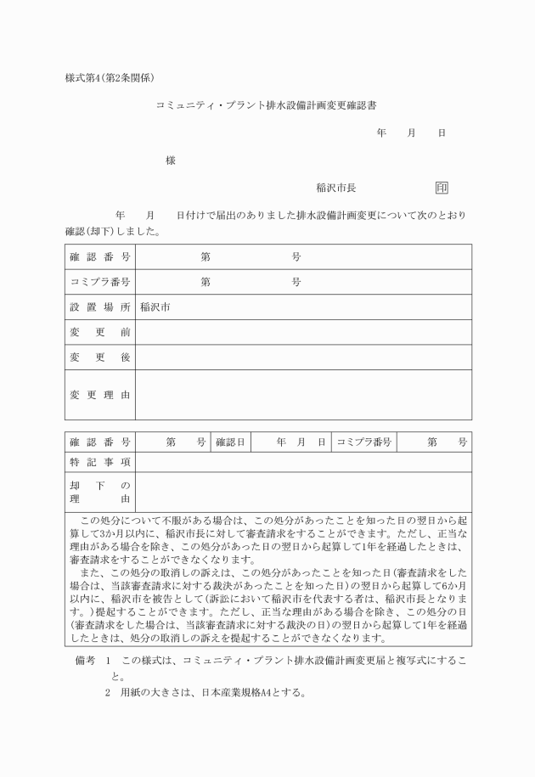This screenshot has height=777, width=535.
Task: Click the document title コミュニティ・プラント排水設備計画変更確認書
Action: click(267, 106)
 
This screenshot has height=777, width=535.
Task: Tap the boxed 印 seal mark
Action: click(442, 188)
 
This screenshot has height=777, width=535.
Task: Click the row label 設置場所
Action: click(99, 307)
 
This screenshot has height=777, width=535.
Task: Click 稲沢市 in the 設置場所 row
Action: click(155, 307)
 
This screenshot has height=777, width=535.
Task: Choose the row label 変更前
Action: click(99, 332)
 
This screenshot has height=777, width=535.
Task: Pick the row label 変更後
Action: click(99, 358)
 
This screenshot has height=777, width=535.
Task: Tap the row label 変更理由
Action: click(99, 395)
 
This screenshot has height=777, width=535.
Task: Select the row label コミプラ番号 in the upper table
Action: click(99, 282)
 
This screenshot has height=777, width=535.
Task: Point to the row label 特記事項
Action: click(99, 462)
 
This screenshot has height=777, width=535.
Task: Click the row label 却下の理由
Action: click(99, 491)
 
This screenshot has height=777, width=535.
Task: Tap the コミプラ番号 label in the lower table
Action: click(364, 442)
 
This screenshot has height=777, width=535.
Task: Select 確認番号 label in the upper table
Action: click(99, 256)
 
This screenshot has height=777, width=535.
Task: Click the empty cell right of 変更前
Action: click(303, 332)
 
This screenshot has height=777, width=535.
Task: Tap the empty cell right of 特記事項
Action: click(303, 462)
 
